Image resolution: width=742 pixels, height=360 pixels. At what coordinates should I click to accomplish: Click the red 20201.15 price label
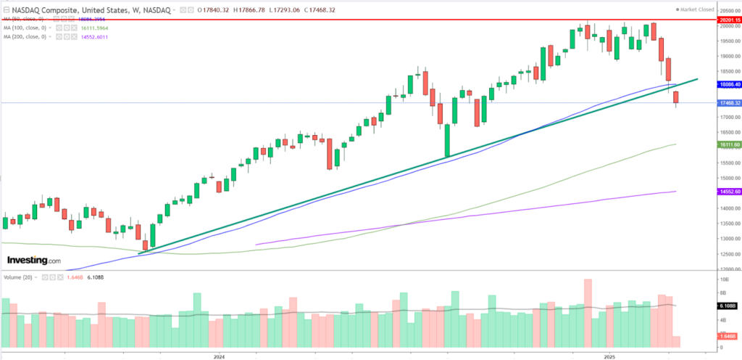pos(728,20)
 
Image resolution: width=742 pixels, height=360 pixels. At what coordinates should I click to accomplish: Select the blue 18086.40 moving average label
pos(728,85)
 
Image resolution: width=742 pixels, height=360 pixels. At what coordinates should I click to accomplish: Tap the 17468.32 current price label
pos(728,103)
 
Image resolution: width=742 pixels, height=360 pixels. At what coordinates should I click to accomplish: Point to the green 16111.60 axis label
pos(728,145)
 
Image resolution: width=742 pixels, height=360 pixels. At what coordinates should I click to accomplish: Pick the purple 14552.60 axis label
pos(728,192)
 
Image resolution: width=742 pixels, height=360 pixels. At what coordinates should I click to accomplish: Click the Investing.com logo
pos(34,260)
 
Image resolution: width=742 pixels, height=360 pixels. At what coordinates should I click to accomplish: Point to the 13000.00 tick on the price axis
pos(725,239)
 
